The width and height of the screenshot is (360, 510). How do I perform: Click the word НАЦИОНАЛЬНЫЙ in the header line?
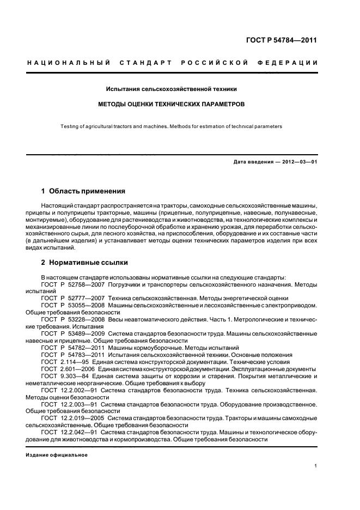[69, 63]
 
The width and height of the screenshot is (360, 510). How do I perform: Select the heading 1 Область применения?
[83, 191]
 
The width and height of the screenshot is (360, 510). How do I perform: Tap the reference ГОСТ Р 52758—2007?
[72, 284]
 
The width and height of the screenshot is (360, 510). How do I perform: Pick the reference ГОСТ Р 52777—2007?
[72, 299]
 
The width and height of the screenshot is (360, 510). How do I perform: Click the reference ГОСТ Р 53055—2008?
[72, 306]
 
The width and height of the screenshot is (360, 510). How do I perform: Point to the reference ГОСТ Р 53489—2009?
[72, 333]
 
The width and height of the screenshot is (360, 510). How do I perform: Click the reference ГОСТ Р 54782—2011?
[72, 348]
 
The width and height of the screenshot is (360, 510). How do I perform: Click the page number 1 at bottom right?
[316, 466]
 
